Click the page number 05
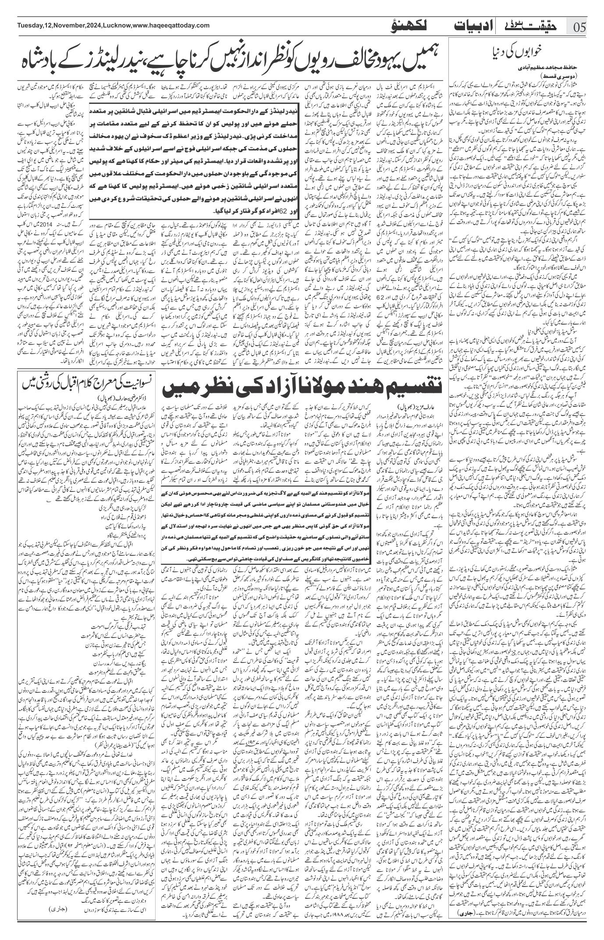(x=586, y=27)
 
